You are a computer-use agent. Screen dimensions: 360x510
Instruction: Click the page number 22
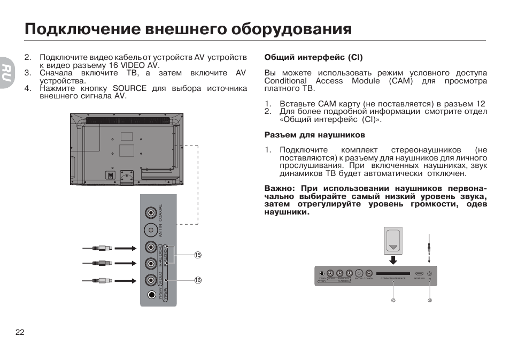pos(20,332)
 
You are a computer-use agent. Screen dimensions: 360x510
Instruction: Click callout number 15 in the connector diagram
pos(197,255)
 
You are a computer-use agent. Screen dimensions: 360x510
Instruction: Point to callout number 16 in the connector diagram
pos(197,280)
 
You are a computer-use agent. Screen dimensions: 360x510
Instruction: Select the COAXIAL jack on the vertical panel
pos(152,212)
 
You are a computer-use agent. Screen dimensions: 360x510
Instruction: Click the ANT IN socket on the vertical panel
pos(152,231)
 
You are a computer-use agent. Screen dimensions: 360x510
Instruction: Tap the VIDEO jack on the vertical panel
pos(152,280)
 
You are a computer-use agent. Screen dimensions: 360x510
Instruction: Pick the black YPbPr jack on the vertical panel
pos(152,295)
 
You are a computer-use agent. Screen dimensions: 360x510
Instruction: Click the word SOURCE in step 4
pos(129,88)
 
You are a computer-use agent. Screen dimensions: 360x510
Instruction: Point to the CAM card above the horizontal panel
pos(394,241)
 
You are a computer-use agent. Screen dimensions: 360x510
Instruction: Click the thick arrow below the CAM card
pos(394,259)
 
